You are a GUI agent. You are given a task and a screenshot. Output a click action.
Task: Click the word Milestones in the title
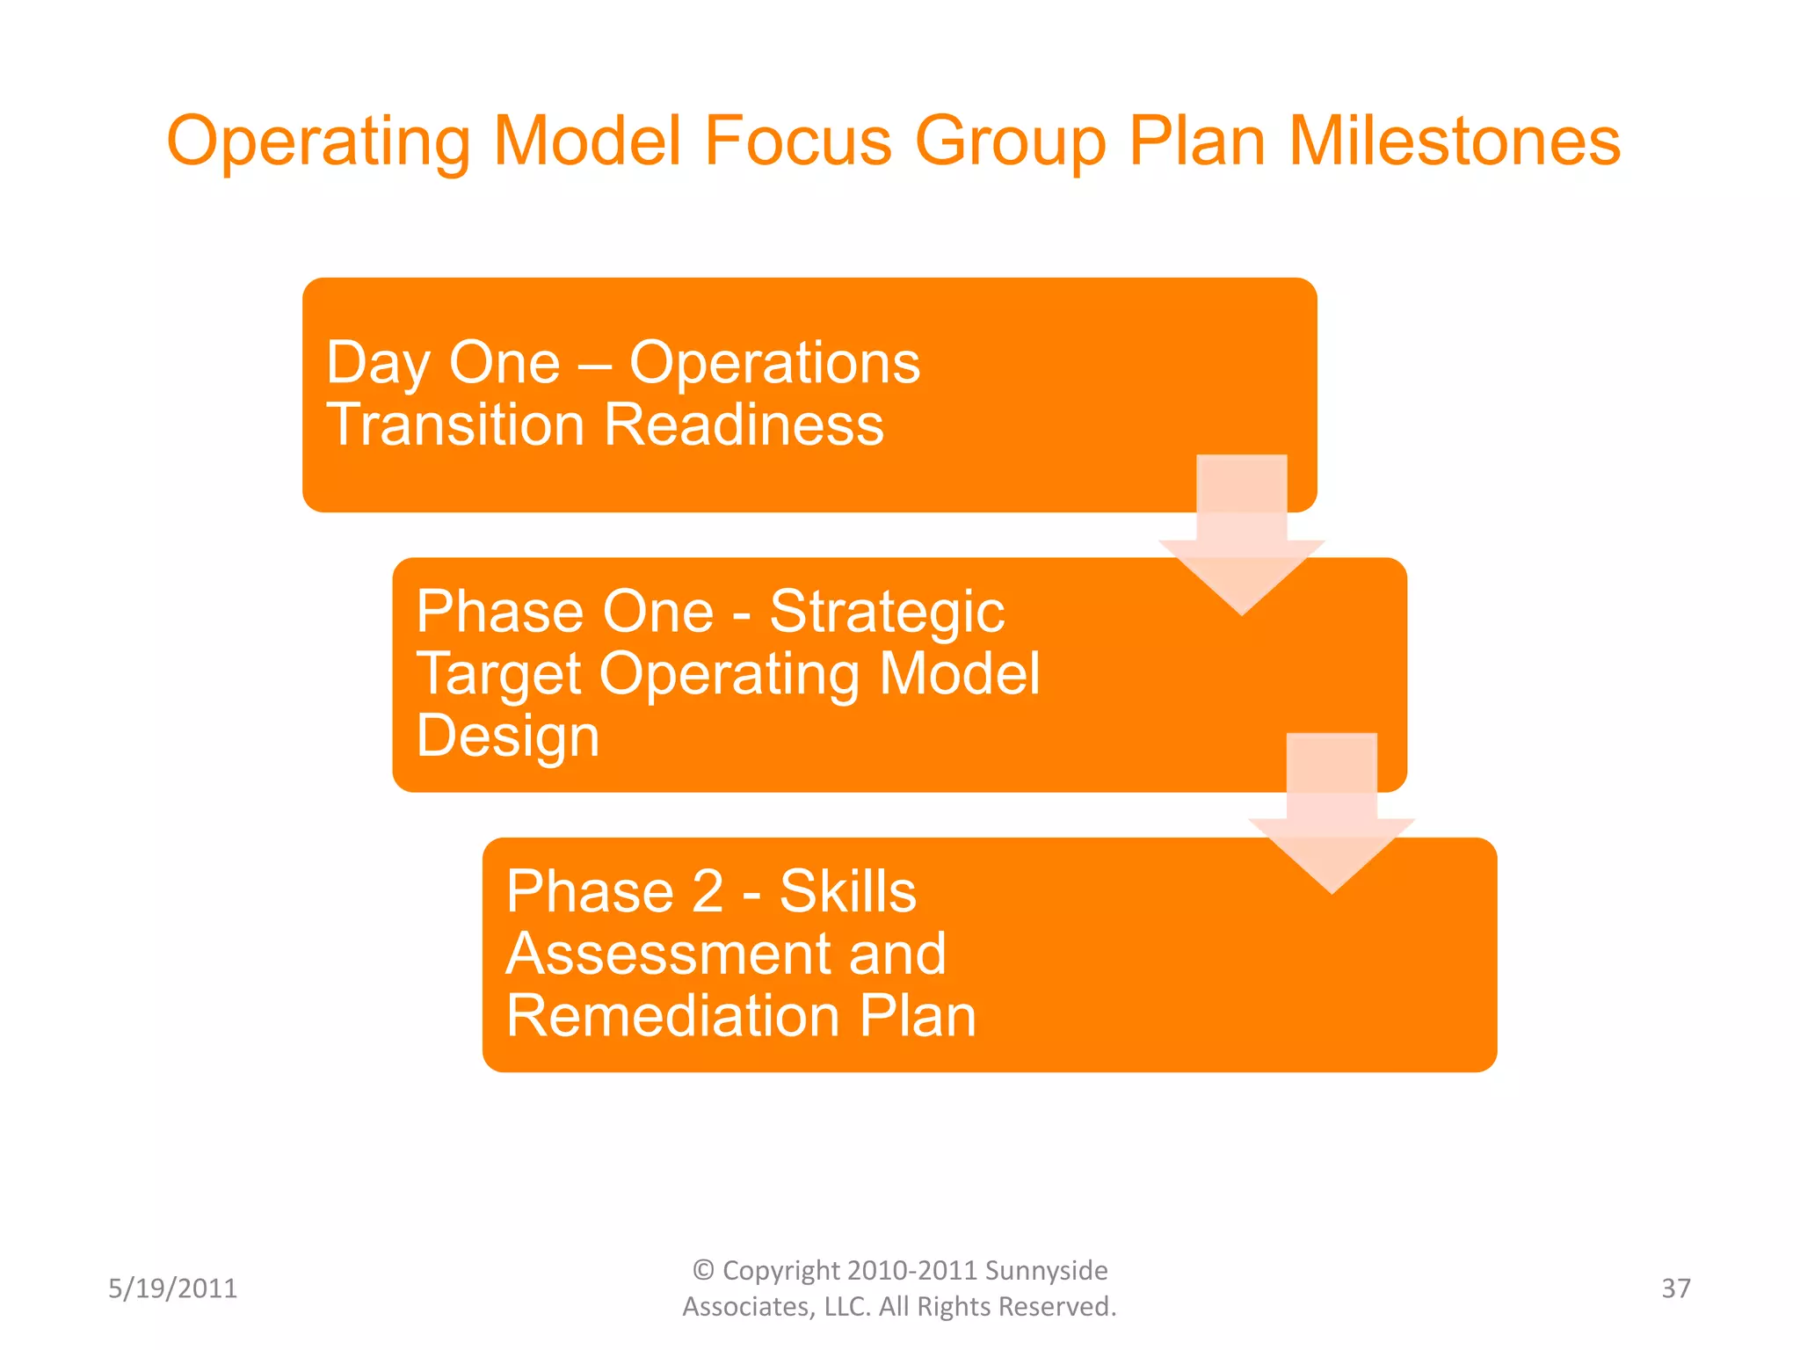click(1454, 142)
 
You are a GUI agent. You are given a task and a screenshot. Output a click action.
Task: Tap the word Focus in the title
click(798, 142)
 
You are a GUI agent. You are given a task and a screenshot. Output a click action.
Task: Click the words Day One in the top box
click(443, 363)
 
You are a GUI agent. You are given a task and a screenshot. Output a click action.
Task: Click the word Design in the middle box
click(507, 737)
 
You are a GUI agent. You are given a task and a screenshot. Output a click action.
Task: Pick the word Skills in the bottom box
click(847, 892)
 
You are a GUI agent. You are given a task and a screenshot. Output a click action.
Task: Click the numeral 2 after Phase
click(708, 892)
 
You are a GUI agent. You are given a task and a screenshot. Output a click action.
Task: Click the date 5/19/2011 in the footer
click(172, 1288)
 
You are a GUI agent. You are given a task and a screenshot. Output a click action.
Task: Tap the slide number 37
click(1675, 1288)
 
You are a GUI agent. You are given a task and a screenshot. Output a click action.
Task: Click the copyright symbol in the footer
click(703, 1270)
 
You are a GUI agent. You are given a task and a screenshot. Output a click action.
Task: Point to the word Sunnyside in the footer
click(1045, 1271)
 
